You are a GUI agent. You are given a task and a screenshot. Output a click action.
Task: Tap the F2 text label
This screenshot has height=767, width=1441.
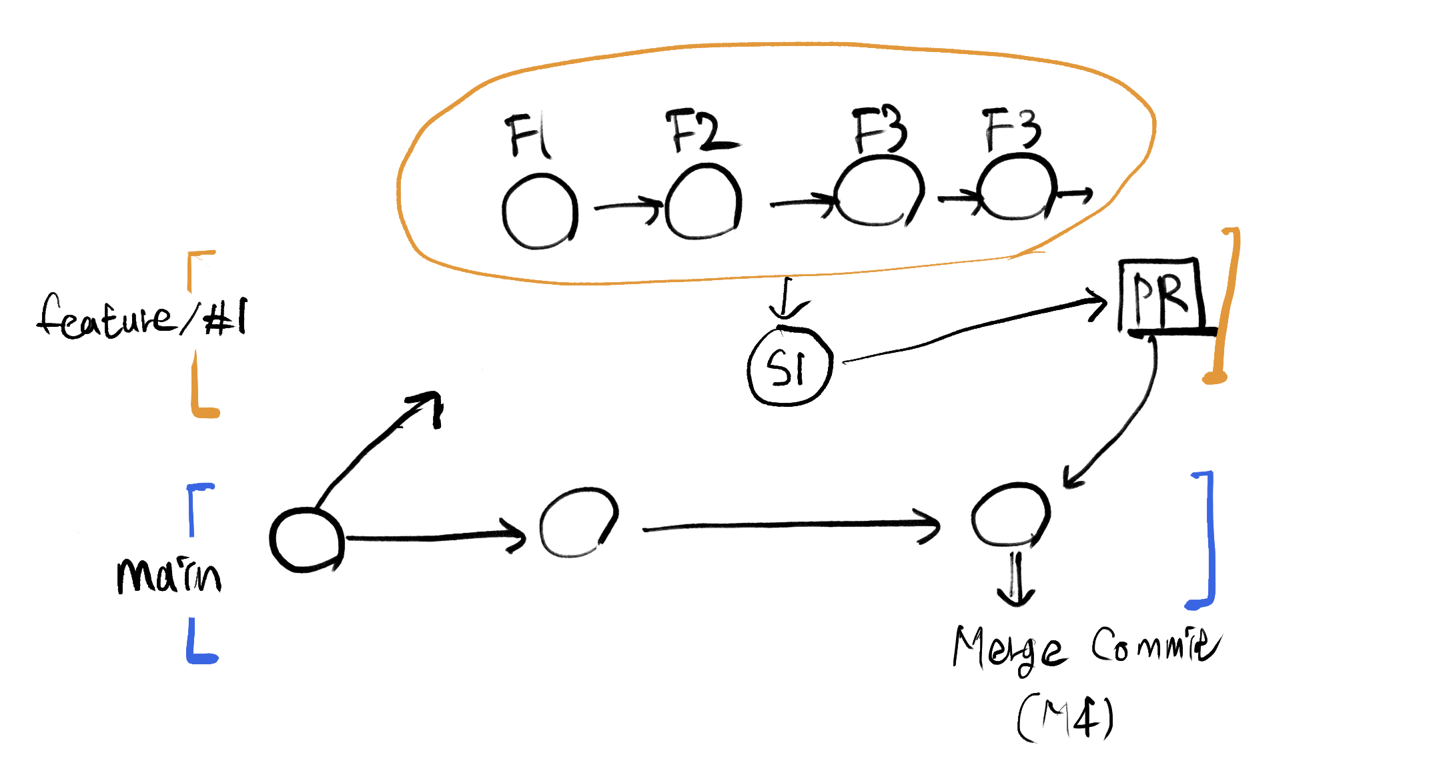point(700,131)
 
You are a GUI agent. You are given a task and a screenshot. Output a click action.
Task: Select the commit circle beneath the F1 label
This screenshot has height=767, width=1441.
point(540,211)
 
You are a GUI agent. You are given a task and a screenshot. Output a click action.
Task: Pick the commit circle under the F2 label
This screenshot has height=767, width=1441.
point(703,202)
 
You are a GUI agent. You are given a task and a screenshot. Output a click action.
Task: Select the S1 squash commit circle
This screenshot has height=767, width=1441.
point(790,367)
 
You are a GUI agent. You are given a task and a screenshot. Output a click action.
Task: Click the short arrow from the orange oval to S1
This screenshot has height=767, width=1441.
point(787,300)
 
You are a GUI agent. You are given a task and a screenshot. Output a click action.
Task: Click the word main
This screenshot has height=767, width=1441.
point(168,575)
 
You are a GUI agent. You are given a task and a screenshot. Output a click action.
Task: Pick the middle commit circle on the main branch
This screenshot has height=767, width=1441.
point(578,523)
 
